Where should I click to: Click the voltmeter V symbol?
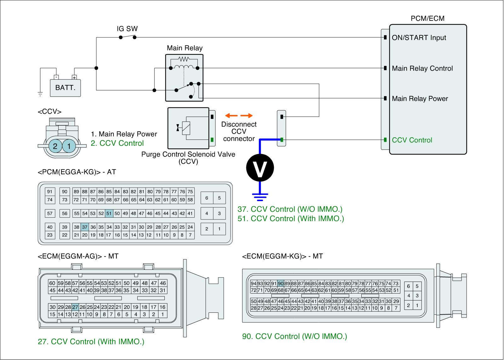coord(260,168)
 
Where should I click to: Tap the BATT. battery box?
coord(66,87)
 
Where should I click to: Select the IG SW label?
coord(127,29)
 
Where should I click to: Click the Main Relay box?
coord(184,77)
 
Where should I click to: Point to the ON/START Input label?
coord(419,38)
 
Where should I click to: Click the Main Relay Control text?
coord(422,68)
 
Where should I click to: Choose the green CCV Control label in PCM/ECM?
coord(412,140)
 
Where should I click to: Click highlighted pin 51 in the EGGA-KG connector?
coord(109,213)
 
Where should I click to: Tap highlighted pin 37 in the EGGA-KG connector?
coord(85,227)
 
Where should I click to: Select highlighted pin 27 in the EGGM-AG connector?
coord(75,307)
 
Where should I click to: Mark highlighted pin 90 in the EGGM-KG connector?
coord(281,283)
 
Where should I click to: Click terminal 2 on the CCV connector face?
coord(55,146)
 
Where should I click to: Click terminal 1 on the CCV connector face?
coord(69,146)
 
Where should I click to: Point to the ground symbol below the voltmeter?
coord(260,197)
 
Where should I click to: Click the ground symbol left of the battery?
coord(40,93)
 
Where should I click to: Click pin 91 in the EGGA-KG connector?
coord(50,191)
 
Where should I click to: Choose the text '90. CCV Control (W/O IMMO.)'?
coord(294,336)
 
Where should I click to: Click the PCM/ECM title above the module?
coord(427,18)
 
